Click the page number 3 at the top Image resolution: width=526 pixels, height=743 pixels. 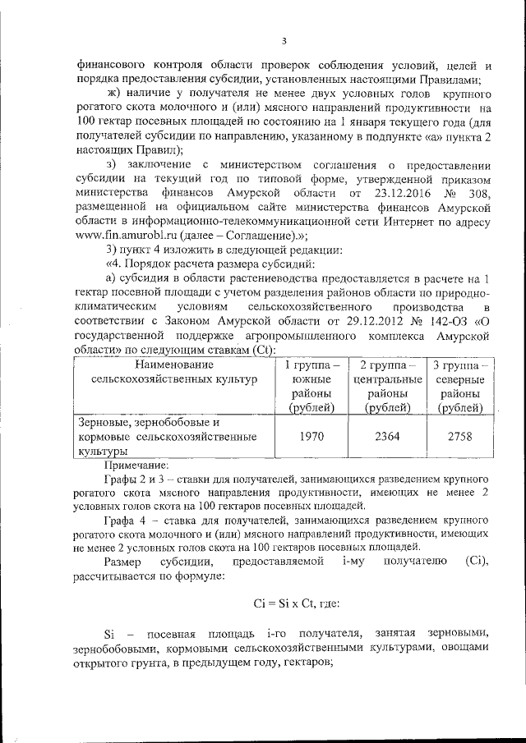(284, 42)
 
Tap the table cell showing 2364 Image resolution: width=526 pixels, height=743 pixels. (386, 437)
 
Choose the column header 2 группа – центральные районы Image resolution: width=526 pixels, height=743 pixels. (386, 386)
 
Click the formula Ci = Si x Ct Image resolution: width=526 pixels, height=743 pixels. (284, 602)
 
